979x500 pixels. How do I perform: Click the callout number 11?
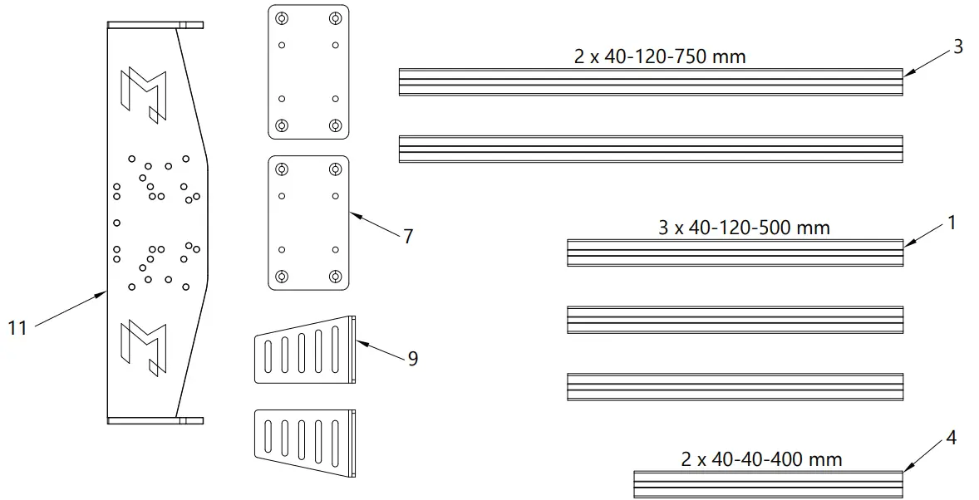(17, 328)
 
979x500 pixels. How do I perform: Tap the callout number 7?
(407, 237)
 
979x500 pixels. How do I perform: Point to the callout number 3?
(957, 47)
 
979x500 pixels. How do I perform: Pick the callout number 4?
(951, 438)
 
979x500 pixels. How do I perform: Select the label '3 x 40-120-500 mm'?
(744, 227)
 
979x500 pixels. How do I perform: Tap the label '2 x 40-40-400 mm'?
(761, 458)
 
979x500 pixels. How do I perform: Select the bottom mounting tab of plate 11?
(155, 420)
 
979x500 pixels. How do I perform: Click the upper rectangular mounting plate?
(308, 72)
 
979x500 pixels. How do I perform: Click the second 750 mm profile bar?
(651, 148)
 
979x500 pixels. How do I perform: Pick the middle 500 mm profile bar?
(735, 319)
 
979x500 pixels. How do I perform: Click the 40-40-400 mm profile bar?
(768, 483)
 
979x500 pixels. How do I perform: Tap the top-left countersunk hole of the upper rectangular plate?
(282, 18)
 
